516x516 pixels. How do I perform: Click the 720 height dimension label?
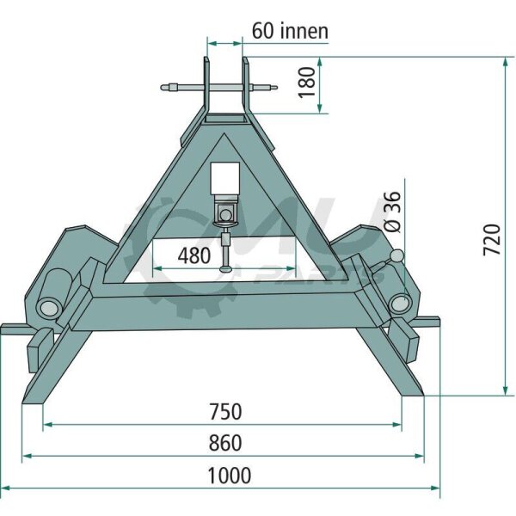[x=492, y=240]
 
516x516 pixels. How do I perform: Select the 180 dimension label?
[x=307, y=83]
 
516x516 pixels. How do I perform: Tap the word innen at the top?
[x=304, y=32]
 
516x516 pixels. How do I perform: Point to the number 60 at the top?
[x=263, y=32]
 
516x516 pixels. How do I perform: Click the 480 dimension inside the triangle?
[x=194, y=255]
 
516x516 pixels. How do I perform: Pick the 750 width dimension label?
[x=225, y=412]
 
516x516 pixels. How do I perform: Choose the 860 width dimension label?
[x=225, y=443]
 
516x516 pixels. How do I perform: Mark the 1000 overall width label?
[x=230, y=476]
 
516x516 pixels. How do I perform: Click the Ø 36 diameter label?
[x=392, y=212]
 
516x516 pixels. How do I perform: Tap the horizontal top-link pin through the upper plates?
[x=219, y=88]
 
